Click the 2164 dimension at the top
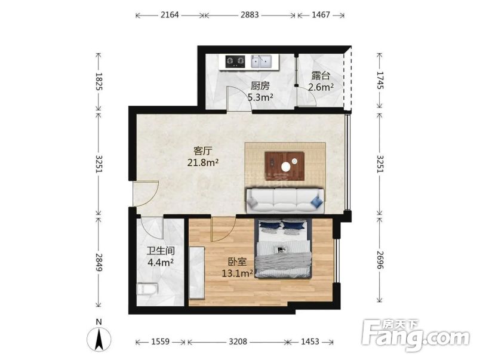[x=170, y=15]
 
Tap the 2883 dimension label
[x=250, y=15]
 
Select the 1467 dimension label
[x=321, y=15]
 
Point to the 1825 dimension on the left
[x=99, y=81]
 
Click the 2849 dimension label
[x=99, y=262]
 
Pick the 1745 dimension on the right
[x=380, y=80]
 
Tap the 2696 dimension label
[x=380, y=260]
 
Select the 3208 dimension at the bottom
[x=238, y=341]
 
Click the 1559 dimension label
[x=161, y=341]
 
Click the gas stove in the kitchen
[x=235, y=61]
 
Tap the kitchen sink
[x=261, y=61]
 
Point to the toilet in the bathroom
[x=147, y=289]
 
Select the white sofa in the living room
[x=285, y=201]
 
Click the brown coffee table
[x=285, y=166]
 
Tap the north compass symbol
[x=99, y=339]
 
